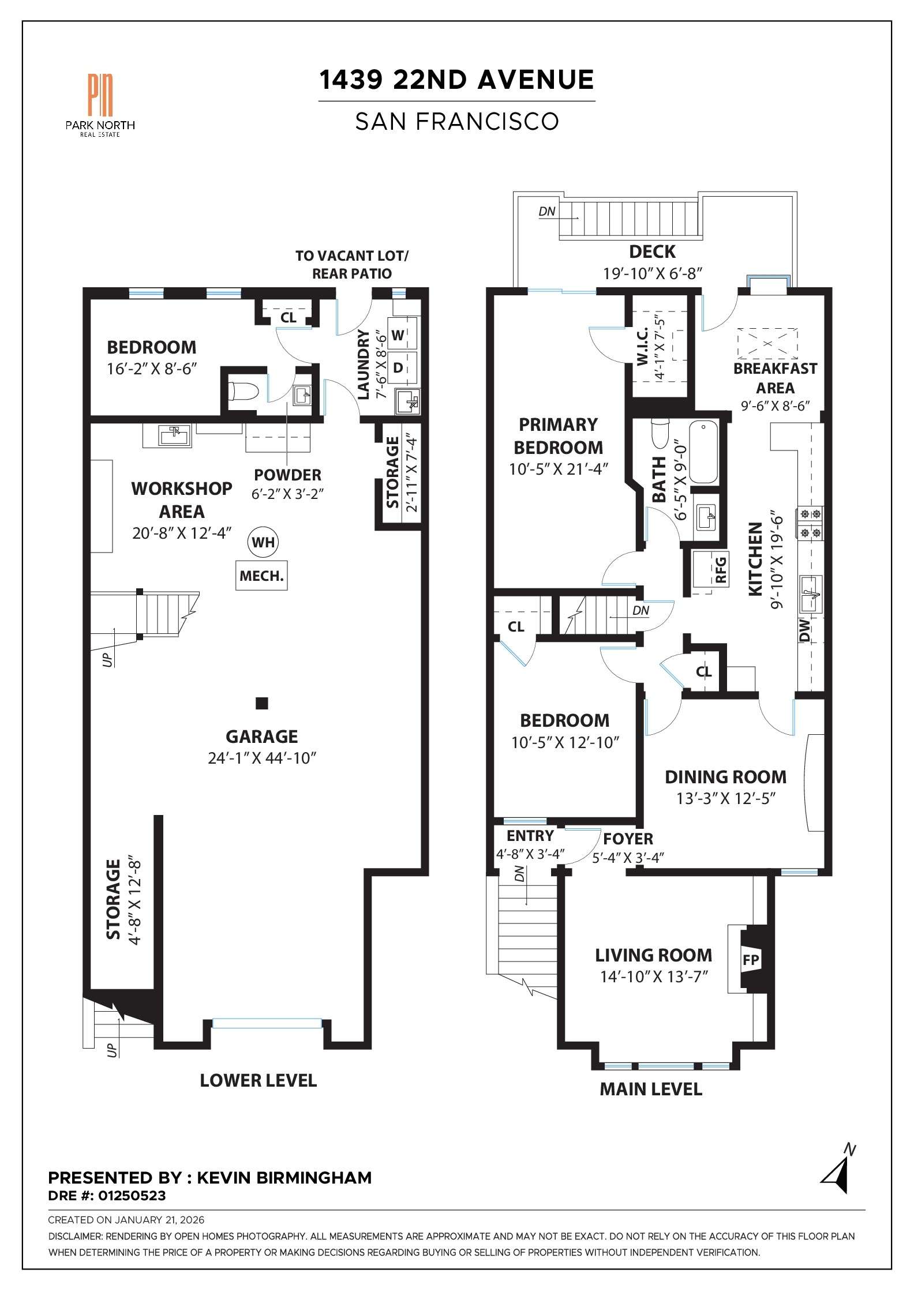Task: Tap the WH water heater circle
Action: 263,542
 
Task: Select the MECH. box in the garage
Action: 261,576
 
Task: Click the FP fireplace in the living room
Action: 750,960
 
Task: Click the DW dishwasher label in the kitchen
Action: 805,630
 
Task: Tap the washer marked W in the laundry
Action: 398,335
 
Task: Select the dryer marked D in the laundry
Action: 398,367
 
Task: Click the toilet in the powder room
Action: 242,392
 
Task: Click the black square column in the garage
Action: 262,703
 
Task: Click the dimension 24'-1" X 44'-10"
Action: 262,758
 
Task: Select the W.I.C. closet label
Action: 643,347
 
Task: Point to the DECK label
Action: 652,252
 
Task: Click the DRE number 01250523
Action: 132,1196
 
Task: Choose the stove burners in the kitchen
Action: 810,523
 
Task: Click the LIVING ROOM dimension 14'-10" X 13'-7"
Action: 654,976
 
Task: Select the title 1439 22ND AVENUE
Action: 456,80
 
